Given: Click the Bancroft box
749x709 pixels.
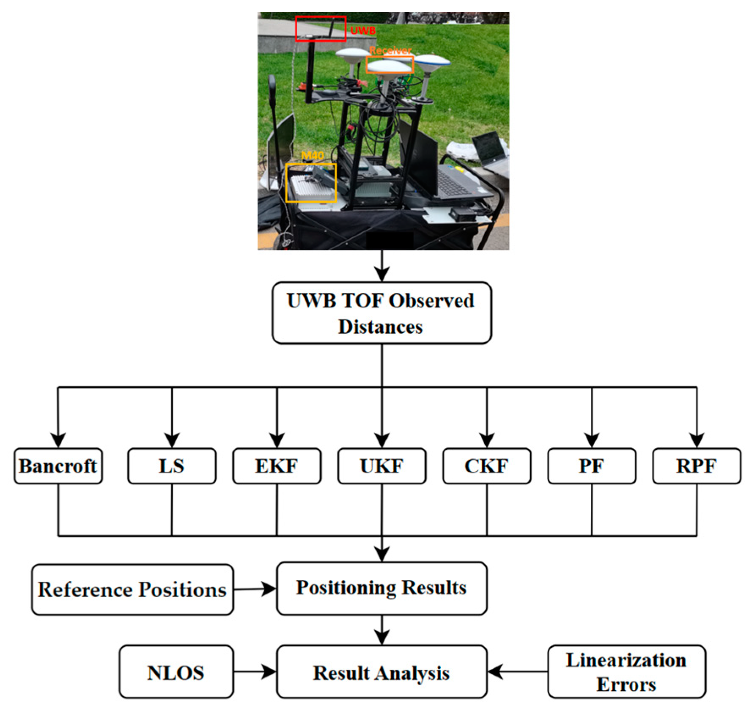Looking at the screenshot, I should click(58, 466).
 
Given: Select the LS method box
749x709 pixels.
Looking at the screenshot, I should click(172, 466).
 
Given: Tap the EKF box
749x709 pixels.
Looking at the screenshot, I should click(277, 466).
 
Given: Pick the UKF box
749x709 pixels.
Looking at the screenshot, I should click(381, 466).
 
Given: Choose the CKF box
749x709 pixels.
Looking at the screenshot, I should click(486, 466).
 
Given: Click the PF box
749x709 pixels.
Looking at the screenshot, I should click(591, 466).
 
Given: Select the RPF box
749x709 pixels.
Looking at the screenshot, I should click(696, 466).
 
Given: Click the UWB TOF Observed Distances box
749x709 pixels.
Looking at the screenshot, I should click(381, 313).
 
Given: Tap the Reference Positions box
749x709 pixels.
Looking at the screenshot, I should click(132, 589).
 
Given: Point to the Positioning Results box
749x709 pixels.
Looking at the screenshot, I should click(381, 588).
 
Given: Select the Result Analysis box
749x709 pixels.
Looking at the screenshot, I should click(381, 672).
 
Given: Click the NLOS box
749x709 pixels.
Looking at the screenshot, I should click(176, 672).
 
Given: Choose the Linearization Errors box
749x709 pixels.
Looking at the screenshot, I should click(626, 672).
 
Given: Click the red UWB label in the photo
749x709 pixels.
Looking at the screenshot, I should click(363, 30).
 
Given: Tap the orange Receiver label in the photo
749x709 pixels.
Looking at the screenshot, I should click(390, 50).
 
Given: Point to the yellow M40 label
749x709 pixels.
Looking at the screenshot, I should click(312, 156).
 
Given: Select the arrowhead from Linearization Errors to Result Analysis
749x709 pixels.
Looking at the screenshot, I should click(495, 672).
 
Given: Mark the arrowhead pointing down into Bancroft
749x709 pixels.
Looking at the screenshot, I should click(58, 440).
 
